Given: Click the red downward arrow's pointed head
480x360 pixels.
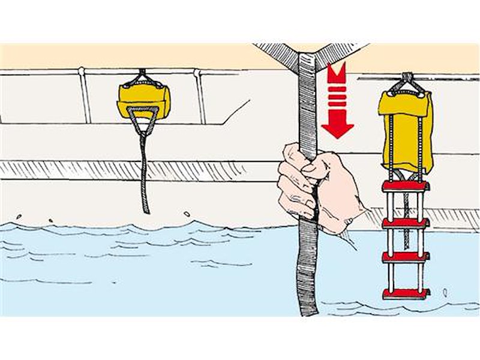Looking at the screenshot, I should click(x=337, y=128).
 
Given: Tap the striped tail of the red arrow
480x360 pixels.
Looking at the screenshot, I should click(x=337, y=90).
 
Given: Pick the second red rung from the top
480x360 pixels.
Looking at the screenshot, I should click(x=406, y=223).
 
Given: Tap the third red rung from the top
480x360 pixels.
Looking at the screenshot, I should click(x=406, y=257).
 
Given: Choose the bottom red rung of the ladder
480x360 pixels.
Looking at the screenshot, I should click(x=406, y=293).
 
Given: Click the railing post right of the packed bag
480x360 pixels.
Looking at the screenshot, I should click(x=200, y=96).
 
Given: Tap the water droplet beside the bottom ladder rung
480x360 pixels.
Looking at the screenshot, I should click(x=445, y=292).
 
